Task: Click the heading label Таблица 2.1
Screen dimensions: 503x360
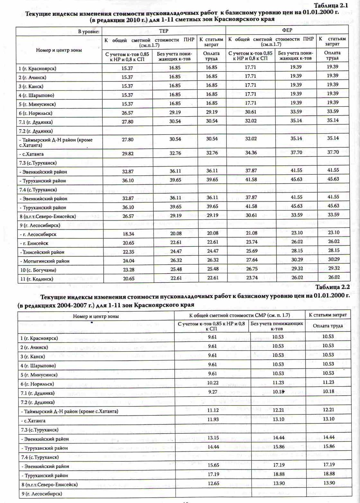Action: (x=331, y=5)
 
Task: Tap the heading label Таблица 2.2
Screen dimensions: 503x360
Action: (x=332, y=287)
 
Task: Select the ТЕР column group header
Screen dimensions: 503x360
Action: (x=163, y=31)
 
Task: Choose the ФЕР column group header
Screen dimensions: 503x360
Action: (x=287, y=30)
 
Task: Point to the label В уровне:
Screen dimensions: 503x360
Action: (x=89, y=32)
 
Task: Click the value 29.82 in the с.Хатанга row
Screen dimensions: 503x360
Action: (x=127, y=153)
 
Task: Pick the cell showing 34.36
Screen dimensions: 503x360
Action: (x=251, y=153)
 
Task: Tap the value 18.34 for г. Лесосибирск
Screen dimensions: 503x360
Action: (x=128, y=234)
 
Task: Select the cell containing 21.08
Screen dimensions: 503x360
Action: (x=252, y=233)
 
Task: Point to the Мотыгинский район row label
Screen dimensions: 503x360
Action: (x=44, y=261)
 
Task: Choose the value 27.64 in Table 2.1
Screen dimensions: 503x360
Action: (x=252, y=260)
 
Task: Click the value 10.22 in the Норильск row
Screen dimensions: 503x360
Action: (x=213, y=383)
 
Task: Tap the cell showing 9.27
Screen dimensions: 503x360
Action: (x=213, y=392)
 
